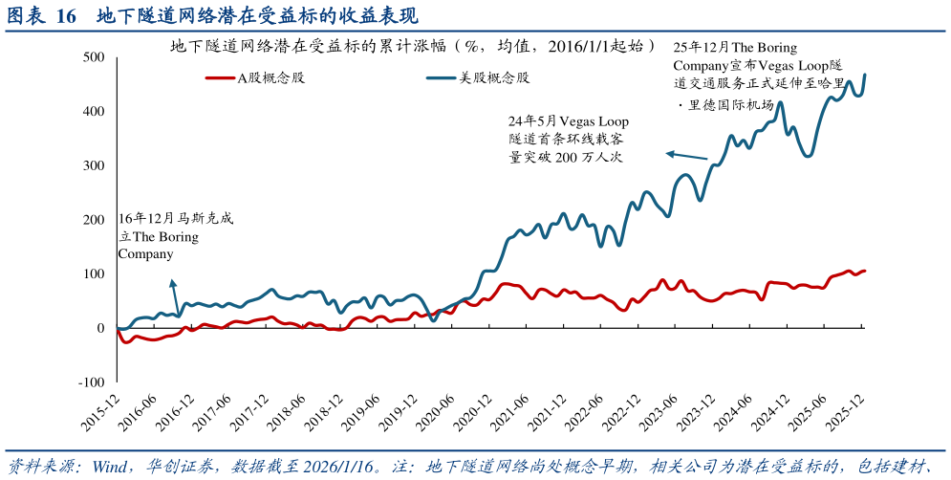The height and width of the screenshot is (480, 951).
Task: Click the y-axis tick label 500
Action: pos(94,57)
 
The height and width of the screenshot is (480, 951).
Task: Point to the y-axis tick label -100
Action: pos(92,382)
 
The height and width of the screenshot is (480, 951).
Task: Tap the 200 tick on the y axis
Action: pos(94,220)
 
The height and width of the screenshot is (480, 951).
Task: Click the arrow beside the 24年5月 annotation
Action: pos(686,155)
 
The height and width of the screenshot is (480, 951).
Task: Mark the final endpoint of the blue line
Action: pos(865,75)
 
